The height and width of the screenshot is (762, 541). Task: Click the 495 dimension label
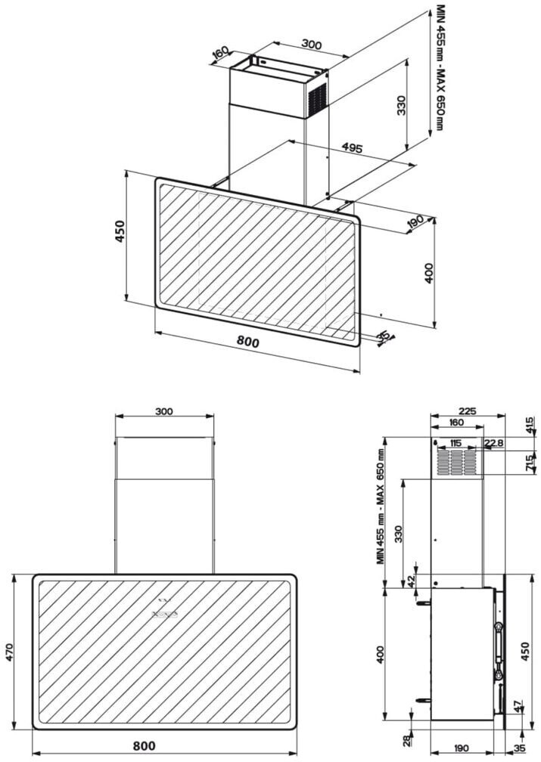(x=352, y=147)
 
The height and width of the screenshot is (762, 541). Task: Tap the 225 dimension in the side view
(x=467, y=411)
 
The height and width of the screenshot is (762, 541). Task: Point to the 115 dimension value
(x=455, y=443)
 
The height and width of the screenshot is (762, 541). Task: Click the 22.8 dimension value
(x=493, y=443)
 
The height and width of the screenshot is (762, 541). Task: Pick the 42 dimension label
(x=411, y=581)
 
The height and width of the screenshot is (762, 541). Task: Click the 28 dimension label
(x=407, y=741)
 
